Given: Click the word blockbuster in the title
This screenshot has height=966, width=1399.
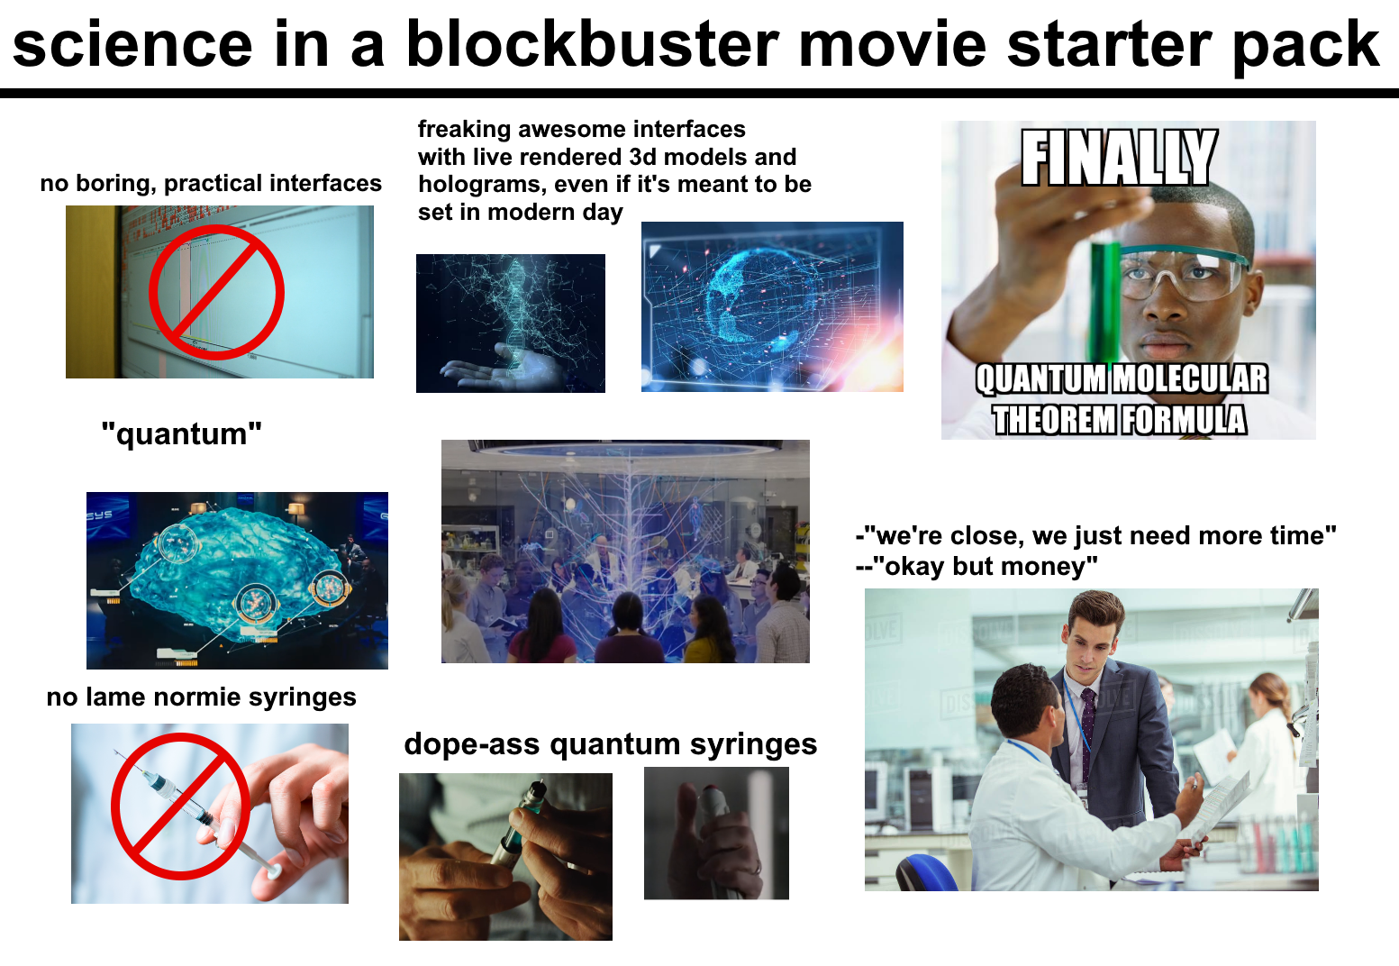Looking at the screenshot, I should (x=593, y=45).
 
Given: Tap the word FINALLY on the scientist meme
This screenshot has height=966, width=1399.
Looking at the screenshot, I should (x=1119, y=158).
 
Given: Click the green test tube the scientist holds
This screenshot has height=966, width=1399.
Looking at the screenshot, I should (x=1104, y=297).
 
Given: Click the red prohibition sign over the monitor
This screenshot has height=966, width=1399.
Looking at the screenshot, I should (x=216, y=292).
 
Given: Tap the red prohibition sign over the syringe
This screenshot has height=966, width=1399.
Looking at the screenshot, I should (x=180, y=806).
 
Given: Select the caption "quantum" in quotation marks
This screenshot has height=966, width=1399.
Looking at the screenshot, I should (x=181, y=434).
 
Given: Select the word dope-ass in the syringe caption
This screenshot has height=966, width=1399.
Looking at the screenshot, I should (x=471, y=744).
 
